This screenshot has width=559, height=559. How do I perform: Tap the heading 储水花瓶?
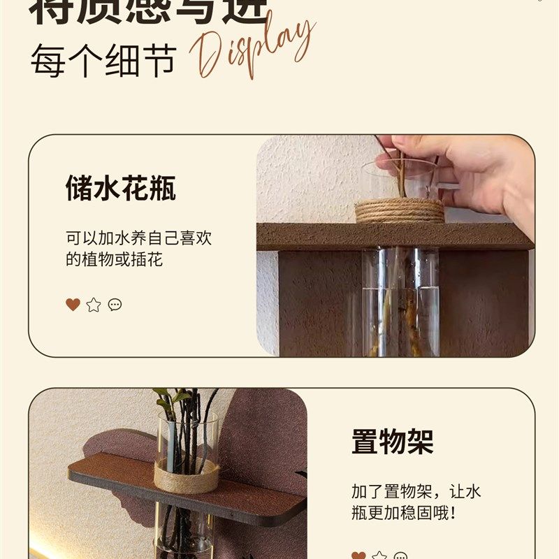[x=121, y=189]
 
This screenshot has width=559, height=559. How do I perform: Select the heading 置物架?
[x=392, y=442]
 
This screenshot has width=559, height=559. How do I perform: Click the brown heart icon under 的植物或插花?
[x=73, y=305]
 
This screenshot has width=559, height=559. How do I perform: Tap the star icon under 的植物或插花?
[x=94, y=305]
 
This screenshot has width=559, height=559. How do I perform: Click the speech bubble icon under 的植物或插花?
[x=115, y=305]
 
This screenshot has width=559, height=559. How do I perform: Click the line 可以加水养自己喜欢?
[x=138, y=238]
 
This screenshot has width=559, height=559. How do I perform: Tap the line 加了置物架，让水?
[x=416, y=491]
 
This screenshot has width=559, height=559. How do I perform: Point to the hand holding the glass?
[x=468, y=171]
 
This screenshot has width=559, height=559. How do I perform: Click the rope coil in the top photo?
[x=399, y=210]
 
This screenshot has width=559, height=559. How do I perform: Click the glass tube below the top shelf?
[x=400, y=300]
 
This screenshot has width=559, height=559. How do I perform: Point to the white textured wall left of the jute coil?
[x=307, y=182]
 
